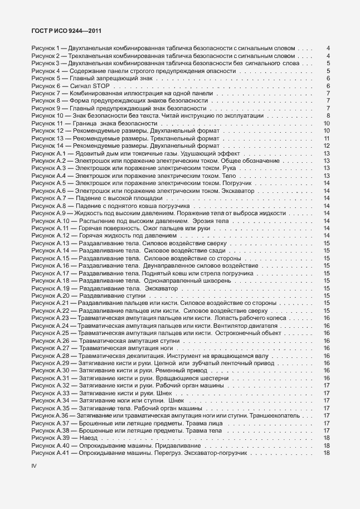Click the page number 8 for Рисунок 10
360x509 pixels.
(x=327, y=115)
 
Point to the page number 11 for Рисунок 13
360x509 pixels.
(x=327, y=138)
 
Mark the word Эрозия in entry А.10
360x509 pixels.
(x=203, y=220)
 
